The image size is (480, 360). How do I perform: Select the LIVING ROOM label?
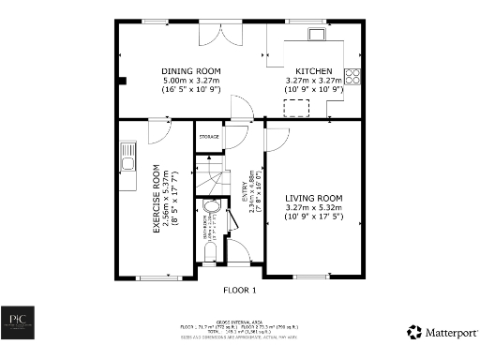pos(313,198)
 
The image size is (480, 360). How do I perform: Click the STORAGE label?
pos(208,138)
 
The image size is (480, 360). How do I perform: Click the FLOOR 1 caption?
pos(240,291)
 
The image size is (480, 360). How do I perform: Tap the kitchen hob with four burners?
pos(353,77)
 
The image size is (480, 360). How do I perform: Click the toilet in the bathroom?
pos(208,250)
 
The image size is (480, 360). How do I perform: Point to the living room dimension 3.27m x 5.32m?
pos(313,208)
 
